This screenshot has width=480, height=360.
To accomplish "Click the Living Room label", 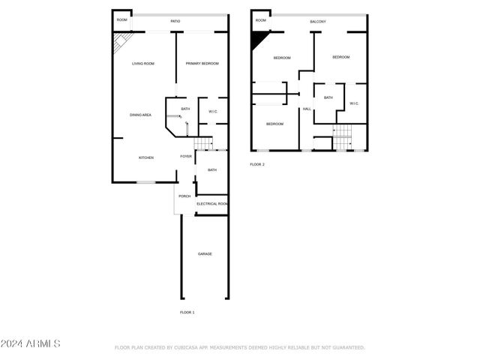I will click(x=143, y=64).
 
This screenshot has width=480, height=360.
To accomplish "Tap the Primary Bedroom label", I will click(x=202, y=64).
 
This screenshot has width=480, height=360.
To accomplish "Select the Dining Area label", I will click(x=141, y=115).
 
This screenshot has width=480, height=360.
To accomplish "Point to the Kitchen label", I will click(x=145, y=157).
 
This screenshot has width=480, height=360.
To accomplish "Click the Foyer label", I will click(x=186, y=156).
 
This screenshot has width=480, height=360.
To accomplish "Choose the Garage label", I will click(x=205, y=254).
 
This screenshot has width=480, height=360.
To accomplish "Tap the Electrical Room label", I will click(x=212, y=204).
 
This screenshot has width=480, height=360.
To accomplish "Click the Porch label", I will click(x=184, y=196).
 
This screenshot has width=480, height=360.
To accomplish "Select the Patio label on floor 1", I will click(x=175, y=22).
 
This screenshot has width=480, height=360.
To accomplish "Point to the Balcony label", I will click(x=318, y=22).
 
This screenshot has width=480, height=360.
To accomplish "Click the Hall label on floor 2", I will click(x=307, y=109).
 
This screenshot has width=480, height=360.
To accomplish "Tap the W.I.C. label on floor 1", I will click(x=213, y=112).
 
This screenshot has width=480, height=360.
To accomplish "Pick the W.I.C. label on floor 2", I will click(x=354, y=103).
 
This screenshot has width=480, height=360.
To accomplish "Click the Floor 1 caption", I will click(x=187, y=311).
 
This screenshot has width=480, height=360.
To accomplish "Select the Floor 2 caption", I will click(x=257, y=164).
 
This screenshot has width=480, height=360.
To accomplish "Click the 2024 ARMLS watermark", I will click(x=31, y=343).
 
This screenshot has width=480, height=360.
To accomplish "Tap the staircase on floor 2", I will click(x=342, y=137).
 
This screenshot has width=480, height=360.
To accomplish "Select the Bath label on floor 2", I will click(x=328, y=97).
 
